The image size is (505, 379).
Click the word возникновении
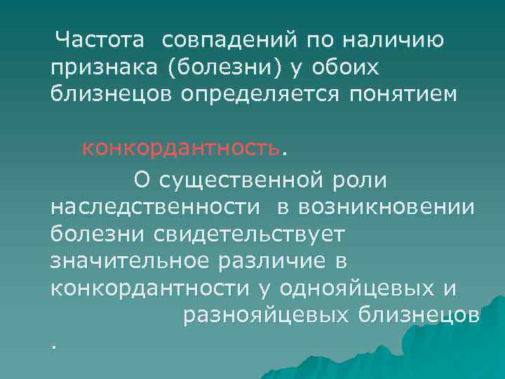(x=386, y=208)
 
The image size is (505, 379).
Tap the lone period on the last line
(x=53, y=345)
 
